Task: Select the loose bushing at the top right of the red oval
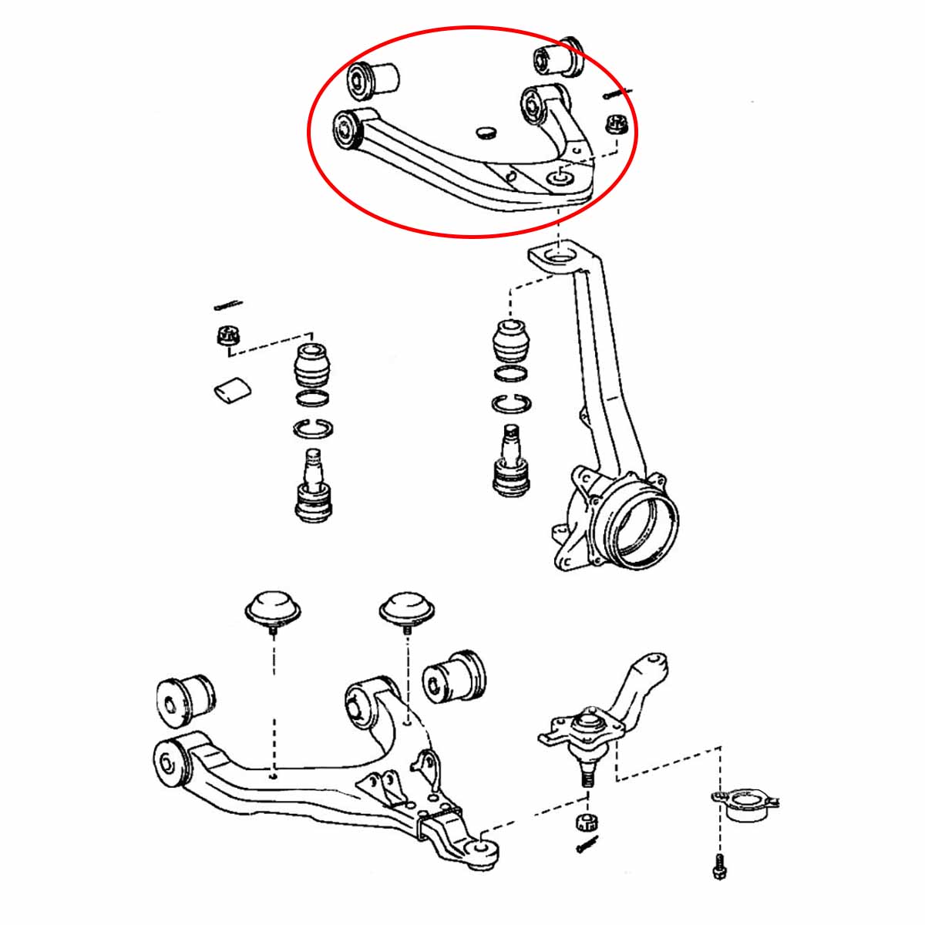[560, 57]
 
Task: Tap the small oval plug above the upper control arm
[486, 132]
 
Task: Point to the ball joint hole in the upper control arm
[558, 179]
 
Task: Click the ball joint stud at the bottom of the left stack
[314, 486]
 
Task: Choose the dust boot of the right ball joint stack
[511, 341]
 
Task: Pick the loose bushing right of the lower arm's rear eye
[454, 674]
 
